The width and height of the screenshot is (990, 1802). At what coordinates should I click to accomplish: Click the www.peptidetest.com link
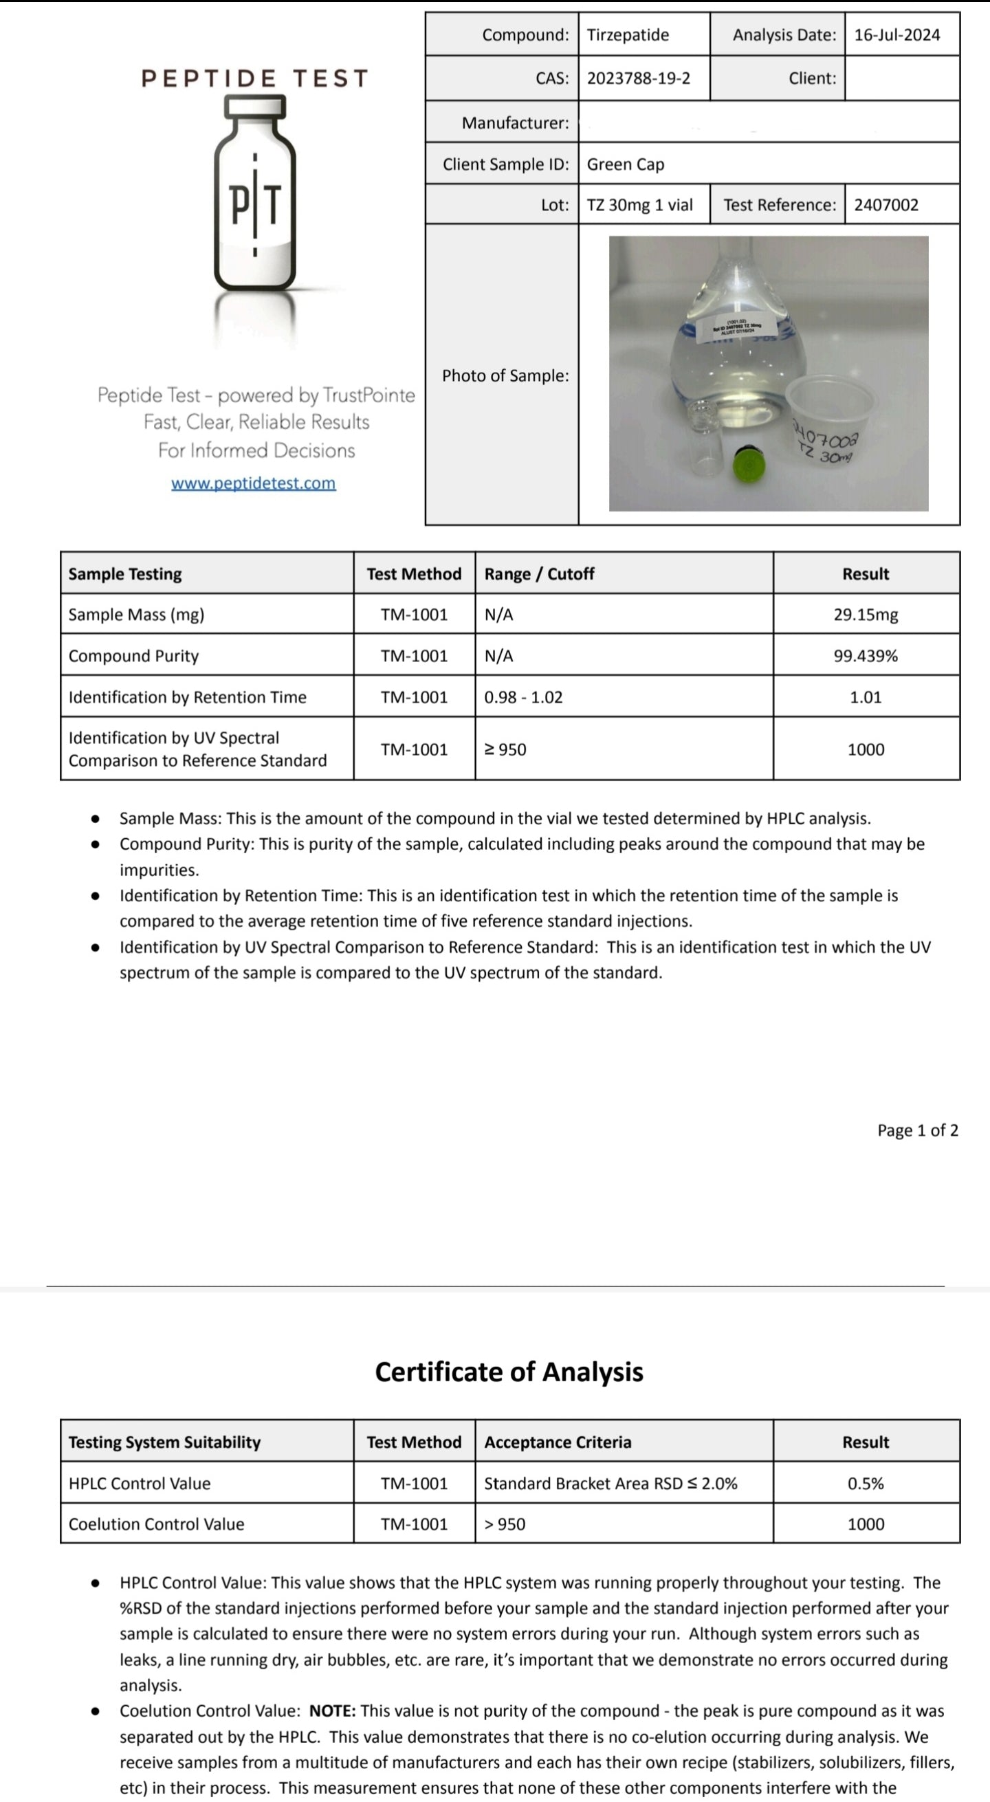pos(253,483)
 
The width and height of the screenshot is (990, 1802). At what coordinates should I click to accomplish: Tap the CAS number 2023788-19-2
pos(638,78)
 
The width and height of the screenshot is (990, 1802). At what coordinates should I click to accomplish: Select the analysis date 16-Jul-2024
pos(897,35)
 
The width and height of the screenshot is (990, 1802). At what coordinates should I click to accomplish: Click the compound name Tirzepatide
pos(628,35)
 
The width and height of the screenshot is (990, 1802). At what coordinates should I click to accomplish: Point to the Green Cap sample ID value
pos(626,164)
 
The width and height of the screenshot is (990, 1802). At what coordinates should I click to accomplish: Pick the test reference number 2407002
pos(885,205)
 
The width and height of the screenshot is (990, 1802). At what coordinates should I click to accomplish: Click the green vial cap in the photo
pos(748,465)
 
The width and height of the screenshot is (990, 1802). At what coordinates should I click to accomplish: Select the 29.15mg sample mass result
pos(866,615)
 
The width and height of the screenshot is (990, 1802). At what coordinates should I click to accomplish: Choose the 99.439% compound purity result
pos(866,656)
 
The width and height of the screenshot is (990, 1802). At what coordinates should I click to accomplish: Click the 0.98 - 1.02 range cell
pos(523,697)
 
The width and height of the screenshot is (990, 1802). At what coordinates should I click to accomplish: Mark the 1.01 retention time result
pos(866,697)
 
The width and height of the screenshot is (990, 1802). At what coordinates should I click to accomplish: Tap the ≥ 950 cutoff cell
pos(505,750)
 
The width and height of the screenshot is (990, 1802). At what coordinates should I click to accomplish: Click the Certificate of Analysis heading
pos(509,1372)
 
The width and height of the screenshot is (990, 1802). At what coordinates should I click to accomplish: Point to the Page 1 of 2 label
pos(917,1130)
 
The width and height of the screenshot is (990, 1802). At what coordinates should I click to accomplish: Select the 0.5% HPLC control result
pos(866,1484)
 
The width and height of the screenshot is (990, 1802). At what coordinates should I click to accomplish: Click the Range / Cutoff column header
pos(539,574)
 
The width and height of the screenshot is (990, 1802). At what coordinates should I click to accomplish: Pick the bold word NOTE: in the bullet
pos(332,1711)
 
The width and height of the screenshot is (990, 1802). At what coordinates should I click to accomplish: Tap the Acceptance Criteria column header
pos(558,1442)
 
